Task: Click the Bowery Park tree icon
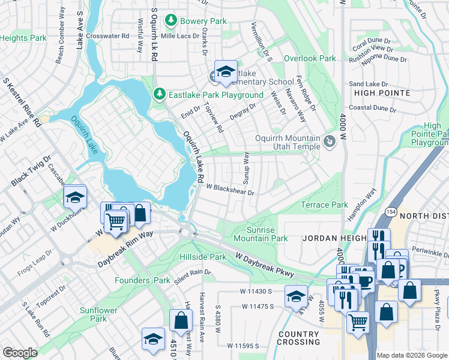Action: tap(171, 21)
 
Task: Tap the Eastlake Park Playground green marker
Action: tap(159, 94)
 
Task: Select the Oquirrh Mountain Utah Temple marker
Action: tap(328, 142)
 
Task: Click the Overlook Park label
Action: tap(310, 58)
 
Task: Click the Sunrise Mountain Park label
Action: tap(260, 234)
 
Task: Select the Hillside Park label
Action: tap(203, 257)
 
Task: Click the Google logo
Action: tap(20, 352)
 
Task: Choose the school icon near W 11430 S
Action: tap(295, 297)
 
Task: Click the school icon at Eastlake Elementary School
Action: tap(226, 72)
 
